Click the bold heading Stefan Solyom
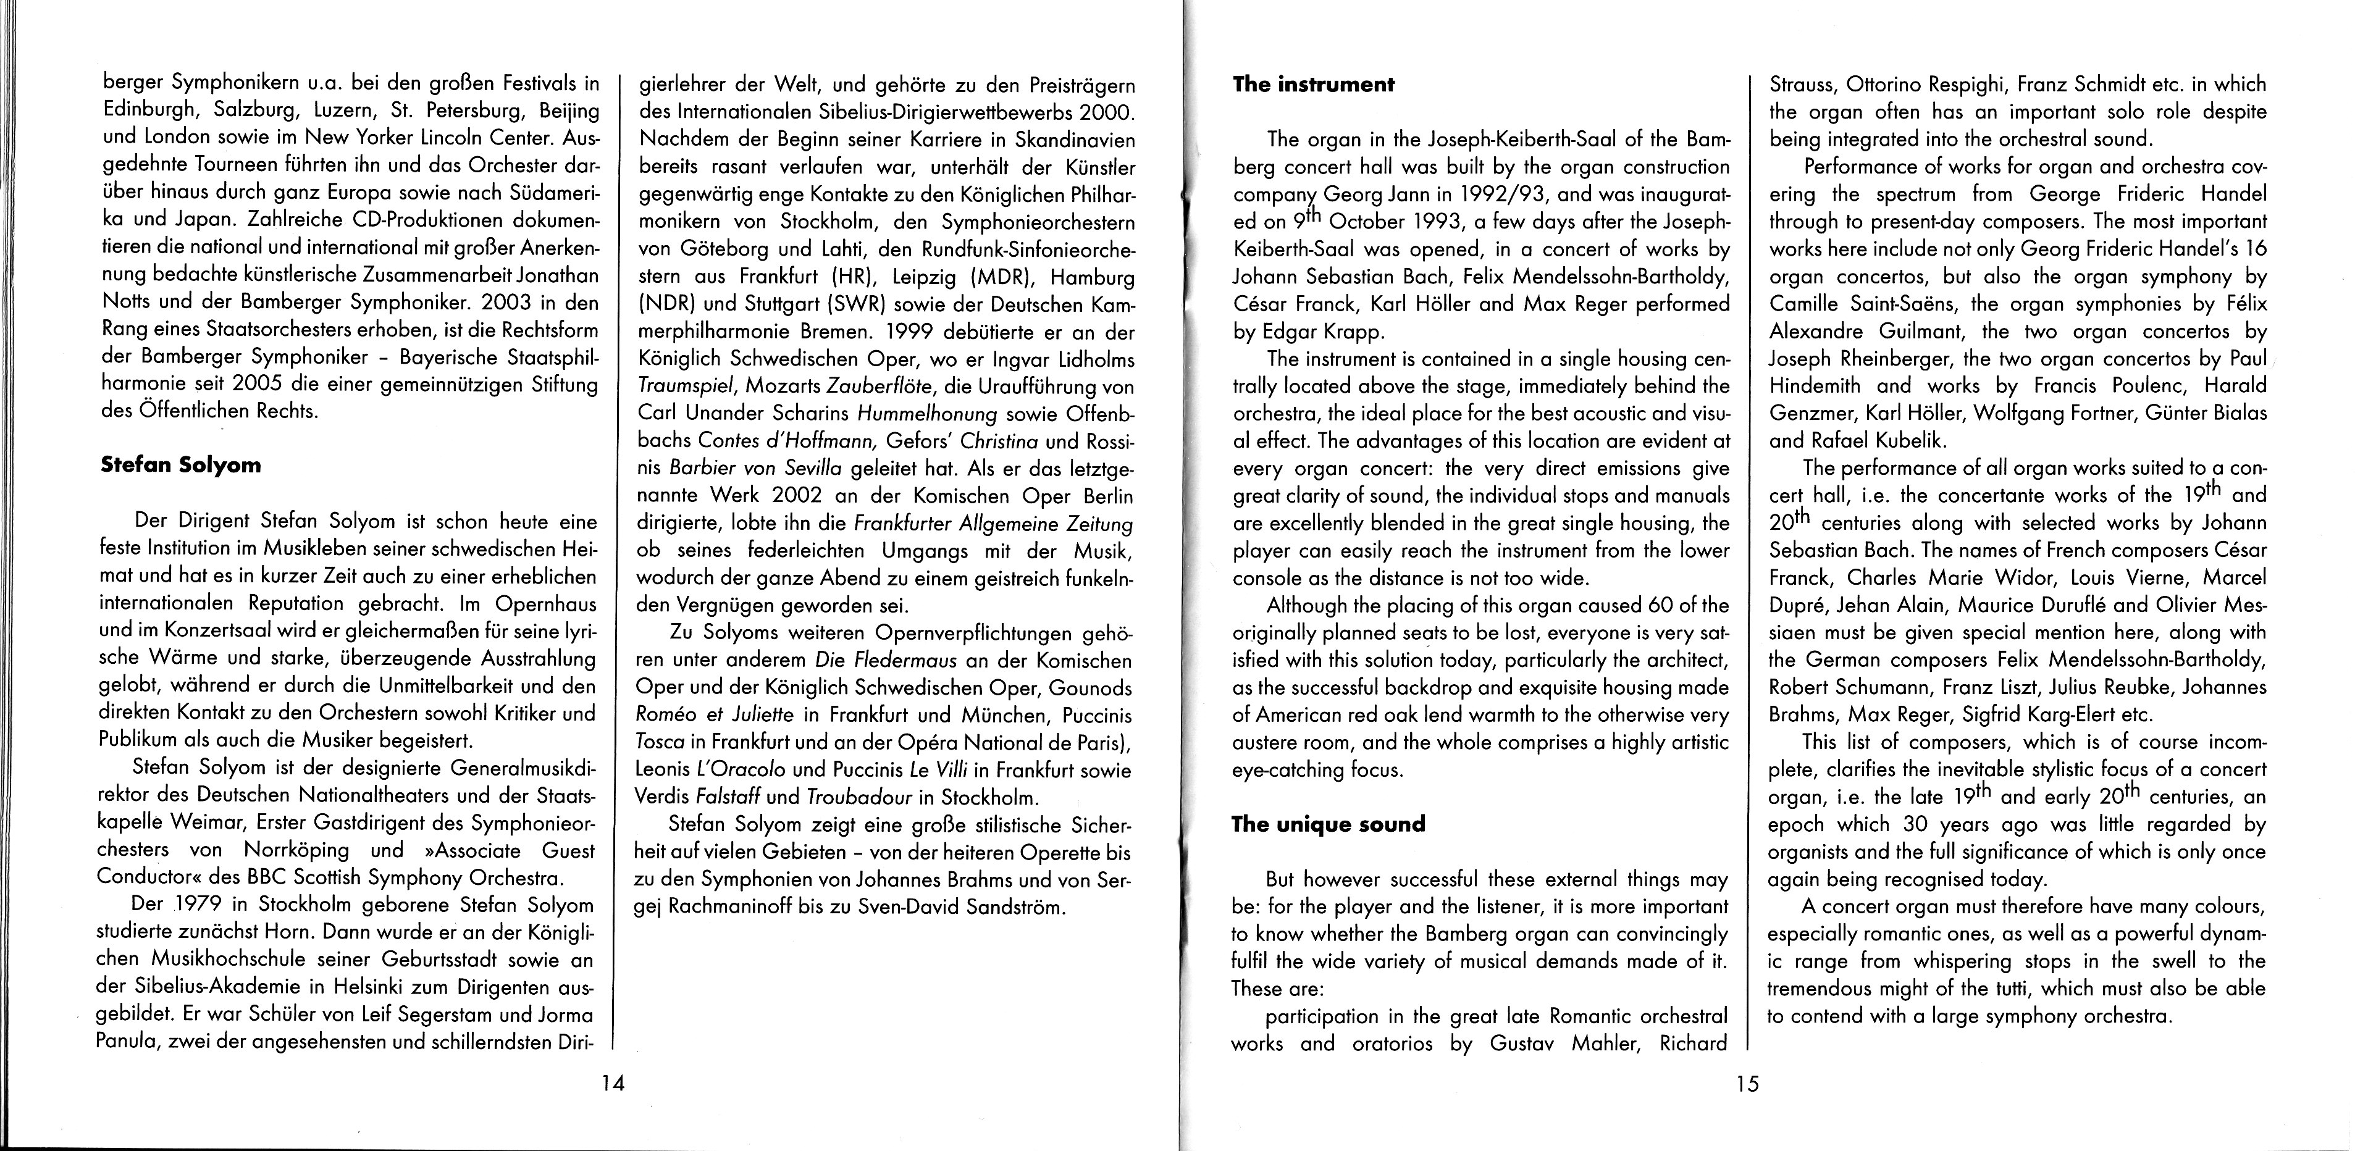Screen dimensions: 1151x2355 click(x=180, y=466)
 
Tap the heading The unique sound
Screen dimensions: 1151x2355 click(x=1329, y=824)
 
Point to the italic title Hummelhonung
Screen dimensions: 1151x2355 click(x=923, y=413)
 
